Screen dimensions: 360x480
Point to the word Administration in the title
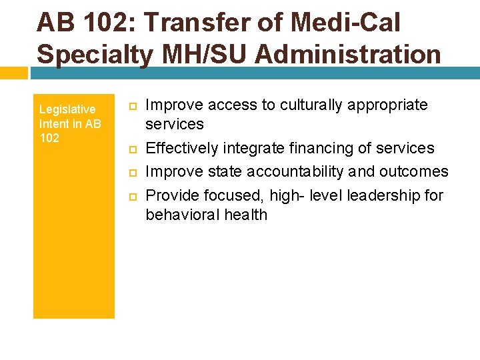pyautogui.click(x=348, y=53)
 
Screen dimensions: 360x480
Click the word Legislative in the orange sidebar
pyautogui.click(x=67, y=109)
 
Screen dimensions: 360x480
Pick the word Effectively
pyautogui.click(x=182, y=148)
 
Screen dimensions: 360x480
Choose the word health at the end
pyautogui.click(x=246, y=215)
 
